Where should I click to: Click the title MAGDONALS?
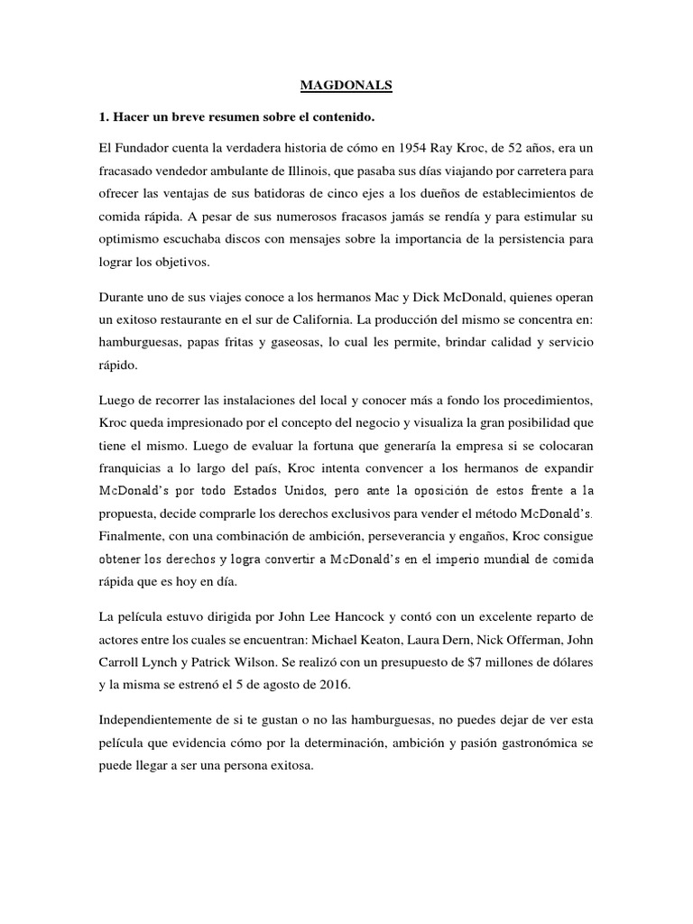[346, 87]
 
